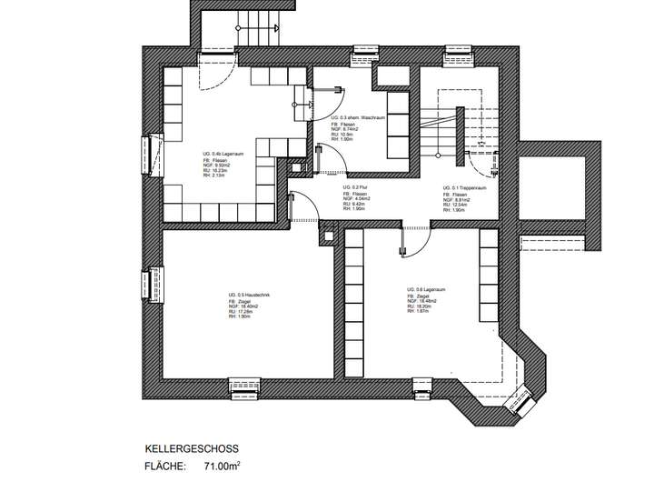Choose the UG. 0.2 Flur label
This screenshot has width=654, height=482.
coord(354,186)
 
